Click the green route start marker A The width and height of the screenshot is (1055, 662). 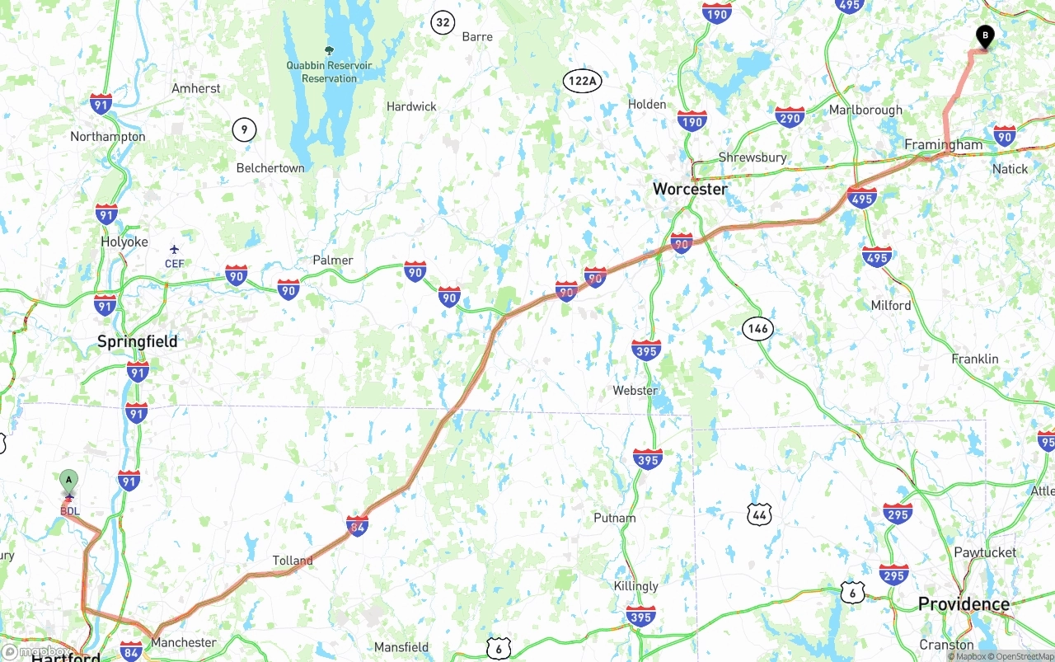point(69,479)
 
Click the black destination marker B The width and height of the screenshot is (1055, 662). point(985,35)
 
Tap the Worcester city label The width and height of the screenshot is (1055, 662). point(690,189)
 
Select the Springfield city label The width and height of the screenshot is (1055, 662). point(137,341)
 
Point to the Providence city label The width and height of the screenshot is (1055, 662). point(964,604)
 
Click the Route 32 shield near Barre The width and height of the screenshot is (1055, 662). point(443,22)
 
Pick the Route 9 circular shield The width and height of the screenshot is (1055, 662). point(244,129)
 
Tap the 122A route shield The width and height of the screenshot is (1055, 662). point(583,80)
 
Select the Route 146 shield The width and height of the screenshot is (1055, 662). point(757,328)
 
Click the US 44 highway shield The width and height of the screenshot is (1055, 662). point(760,515)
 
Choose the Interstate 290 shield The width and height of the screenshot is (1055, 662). point(790,118)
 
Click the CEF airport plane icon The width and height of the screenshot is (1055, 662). point(174,249)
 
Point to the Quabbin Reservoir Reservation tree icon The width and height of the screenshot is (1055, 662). point(330,50)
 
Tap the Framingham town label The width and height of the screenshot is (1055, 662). point(943,145)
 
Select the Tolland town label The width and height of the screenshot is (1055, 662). point(293,561)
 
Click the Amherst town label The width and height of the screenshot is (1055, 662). point(195,88)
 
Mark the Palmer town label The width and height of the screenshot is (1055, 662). point(332,260)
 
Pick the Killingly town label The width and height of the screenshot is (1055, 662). point(635,585)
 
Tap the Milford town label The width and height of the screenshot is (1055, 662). point(891,305)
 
